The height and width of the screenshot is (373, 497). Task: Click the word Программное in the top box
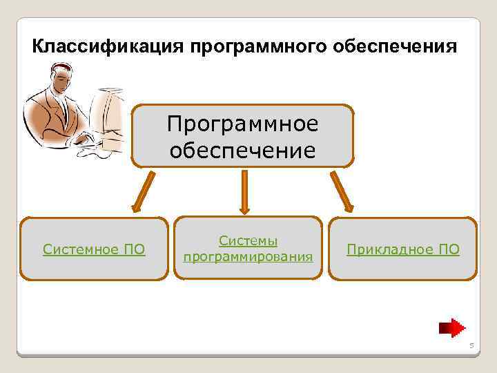[242, 125]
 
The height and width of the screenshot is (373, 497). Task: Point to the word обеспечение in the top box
[242, 150]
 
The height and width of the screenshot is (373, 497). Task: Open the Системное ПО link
[94, 249]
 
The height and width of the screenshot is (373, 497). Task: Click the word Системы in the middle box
[248, 240]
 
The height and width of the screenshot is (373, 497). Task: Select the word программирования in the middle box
[248, 257]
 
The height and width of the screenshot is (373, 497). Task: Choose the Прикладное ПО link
[402, 249]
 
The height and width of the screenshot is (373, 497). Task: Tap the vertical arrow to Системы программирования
[243, 191]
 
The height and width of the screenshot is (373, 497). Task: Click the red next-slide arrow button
[453, 327]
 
